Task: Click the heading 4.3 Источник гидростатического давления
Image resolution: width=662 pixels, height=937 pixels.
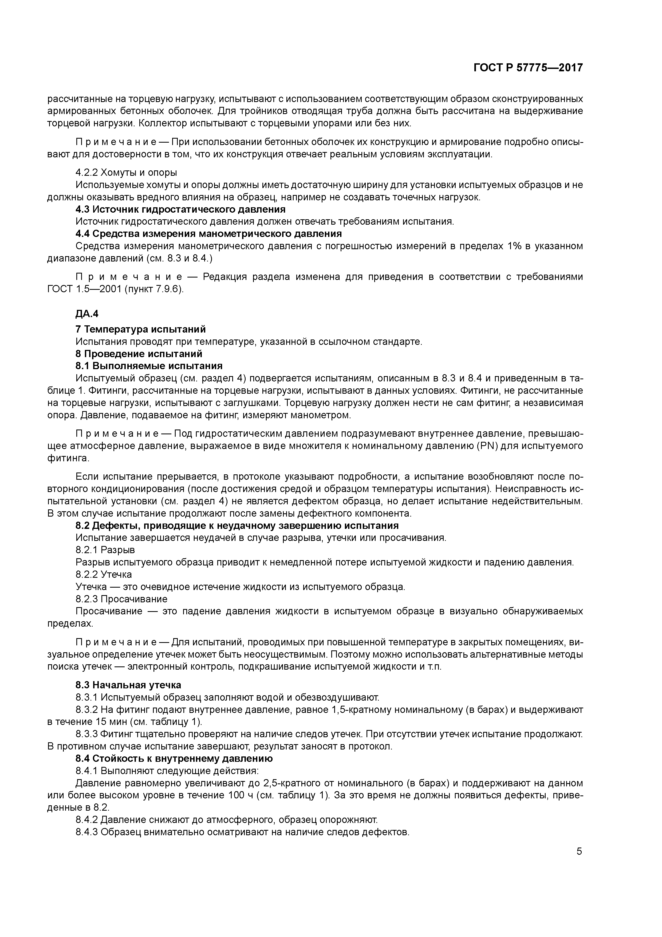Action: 180,209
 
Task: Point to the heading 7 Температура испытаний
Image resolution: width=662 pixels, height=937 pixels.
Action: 141,329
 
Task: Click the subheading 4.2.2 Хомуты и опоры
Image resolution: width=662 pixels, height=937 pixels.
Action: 126,173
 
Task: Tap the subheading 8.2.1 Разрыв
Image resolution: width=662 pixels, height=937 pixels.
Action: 105,550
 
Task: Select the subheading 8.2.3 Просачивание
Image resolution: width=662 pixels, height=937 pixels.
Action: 121,599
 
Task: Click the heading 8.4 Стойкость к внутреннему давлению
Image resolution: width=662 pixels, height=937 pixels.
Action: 174,758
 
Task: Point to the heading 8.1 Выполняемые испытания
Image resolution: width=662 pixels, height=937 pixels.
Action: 149,366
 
